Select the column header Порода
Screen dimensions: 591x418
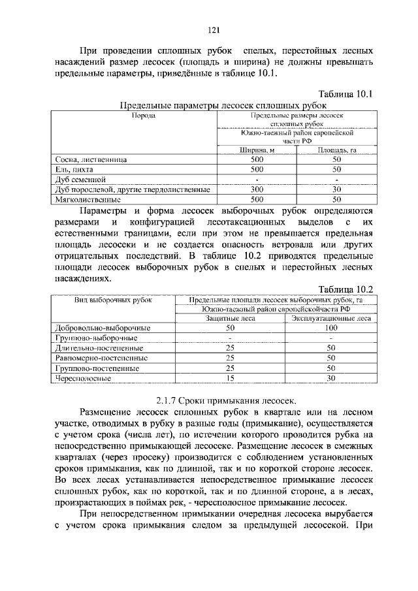[x=143, y=116]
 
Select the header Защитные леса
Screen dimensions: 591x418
[x=230, y=318]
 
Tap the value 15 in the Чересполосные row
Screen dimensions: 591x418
[x=230, y=377]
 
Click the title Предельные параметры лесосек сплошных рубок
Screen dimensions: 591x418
[x=223, y=105]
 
